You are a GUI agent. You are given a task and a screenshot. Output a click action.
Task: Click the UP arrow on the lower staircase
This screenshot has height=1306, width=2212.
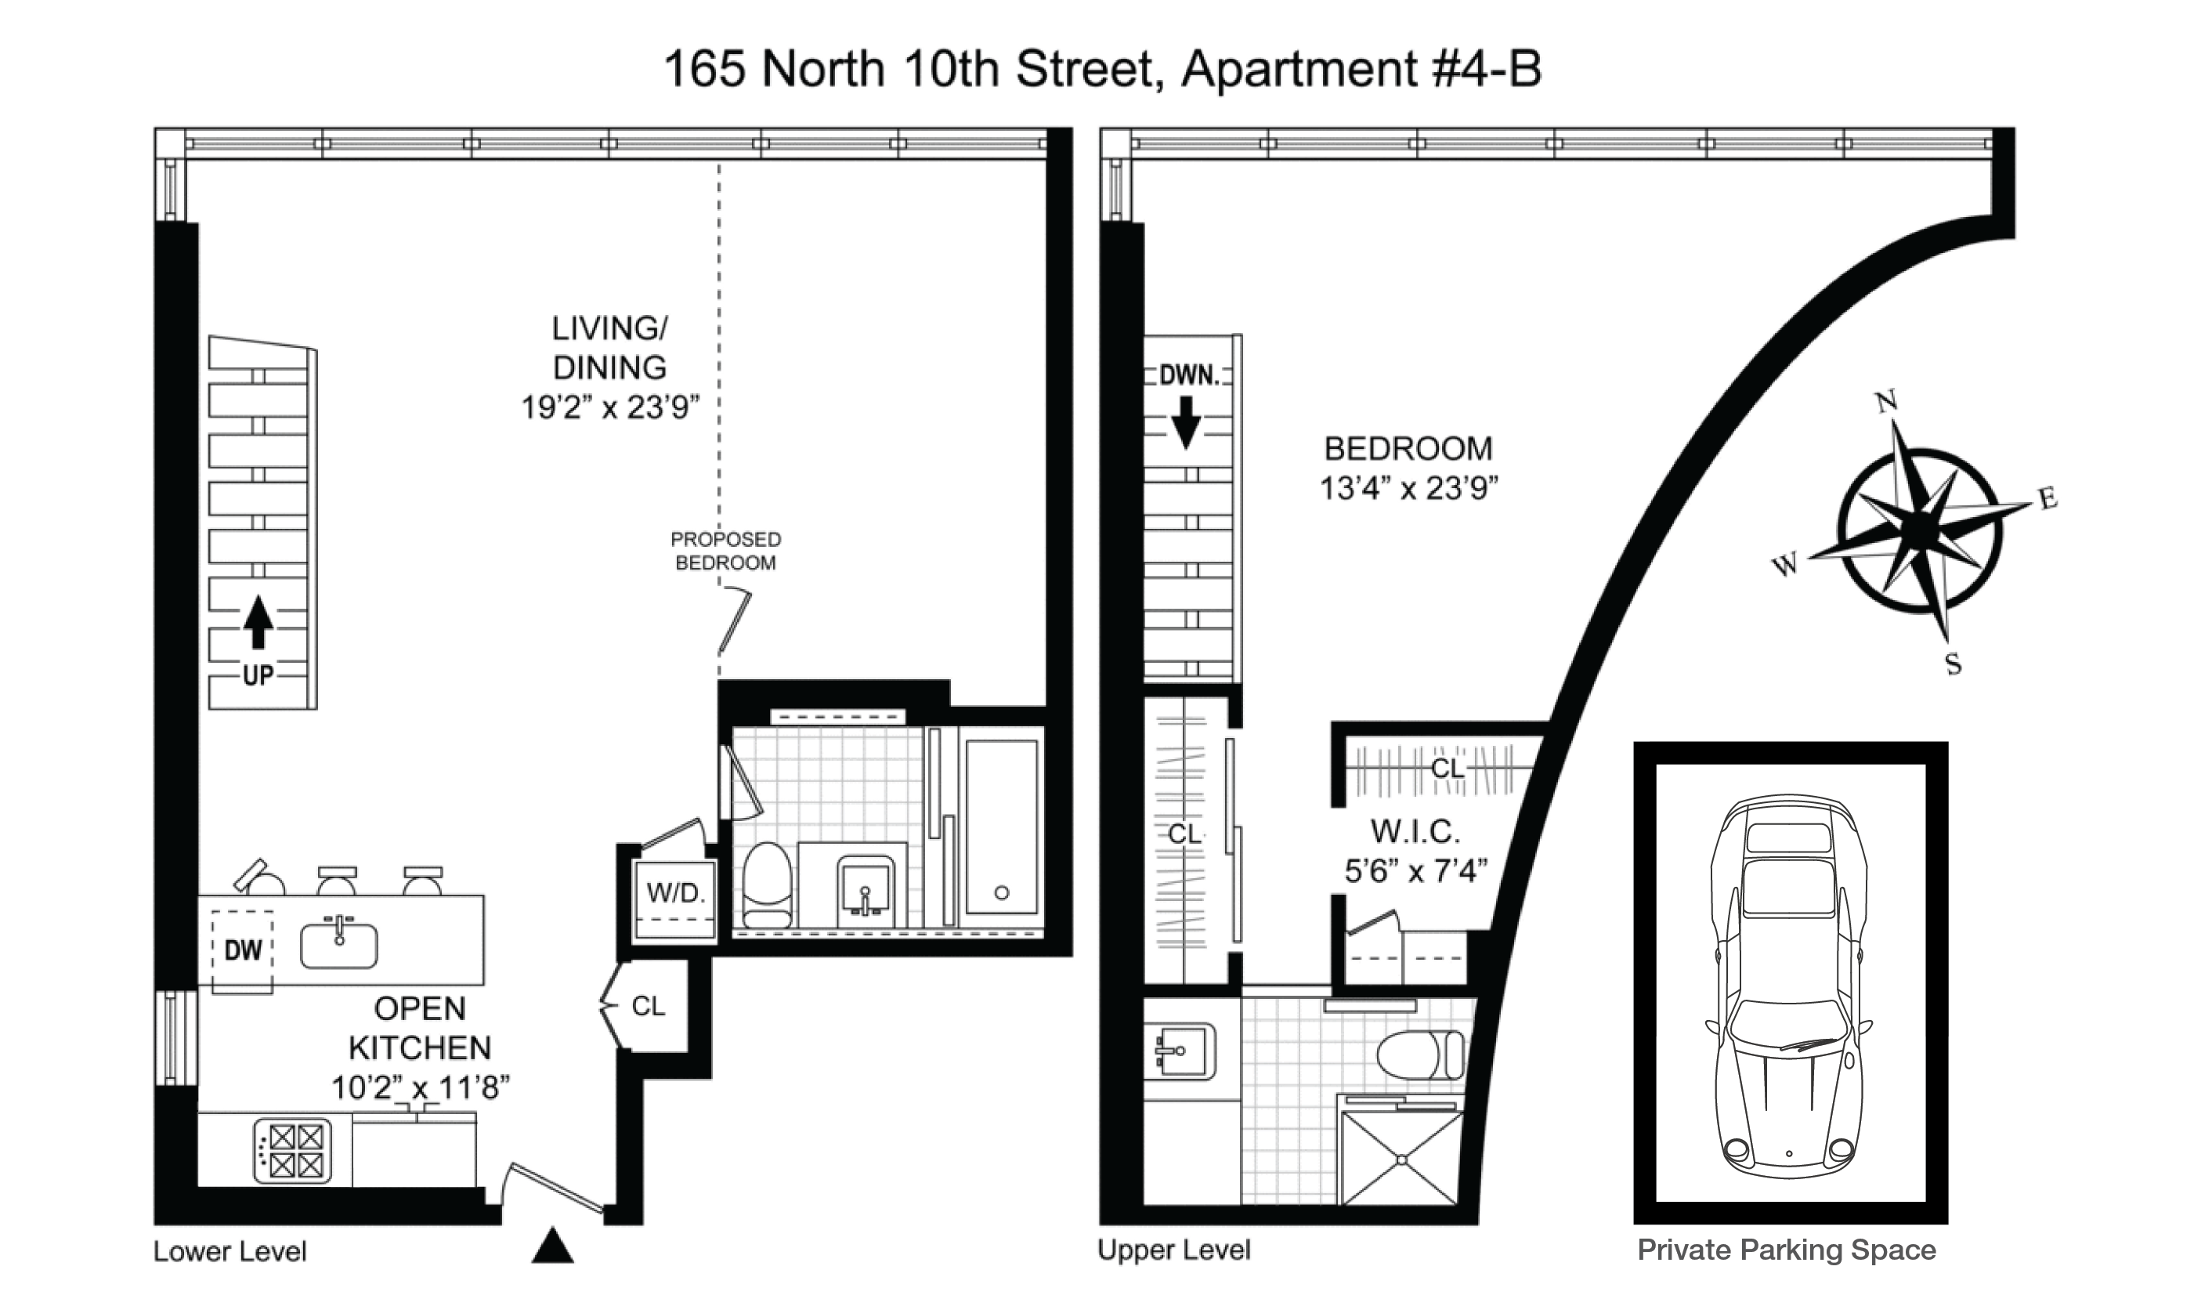(x=258, y=622)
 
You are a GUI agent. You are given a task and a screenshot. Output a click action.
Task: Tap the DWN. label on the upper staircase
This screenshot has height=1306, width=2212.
(x=1190, y=376)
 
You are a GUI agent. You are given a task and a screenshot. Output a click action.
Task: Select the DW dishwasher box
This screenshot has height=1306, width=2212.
(x=243, y=950)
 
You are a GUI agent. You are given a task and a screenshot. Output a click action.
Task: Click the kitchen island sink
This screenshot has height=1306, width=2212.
(x=338, y=944)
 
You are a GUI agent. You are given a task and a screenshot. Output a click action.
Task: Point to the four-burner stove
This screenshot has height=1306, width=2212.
(x=293, y=1150)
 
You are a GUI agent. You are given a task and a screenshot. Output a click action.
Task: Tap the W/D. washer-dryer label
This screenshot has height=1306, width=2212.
(x=676, y=893)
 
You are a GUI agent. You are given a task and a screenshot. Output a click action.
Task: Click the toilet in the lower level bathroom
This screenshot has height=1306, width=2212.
(x=768, y=885)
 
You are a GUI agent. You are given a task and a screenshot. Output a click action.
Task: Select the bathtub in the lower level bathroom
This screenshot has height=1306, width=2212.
(x=1001, y=827)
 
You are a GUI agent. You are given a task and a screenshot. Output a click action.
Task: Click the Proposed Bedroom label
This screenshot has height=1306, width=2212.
(x=726, y=551)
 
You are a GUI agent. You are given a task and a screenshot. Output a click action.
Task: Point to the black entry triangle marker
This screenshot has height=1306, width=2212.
(x=552, y=1246)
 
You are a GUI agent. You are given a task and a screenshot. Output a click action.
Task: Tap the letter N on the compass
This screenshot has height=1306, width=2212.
(x=1885, y=402)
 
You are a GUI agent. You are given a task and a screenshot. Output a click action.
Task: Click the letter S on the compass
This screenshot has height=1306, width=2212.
(x=1954, y=664)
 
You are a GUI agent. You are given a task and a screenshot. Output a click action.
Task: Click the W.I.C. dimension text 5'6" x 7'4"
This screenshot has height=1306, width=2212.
(x=1415, y=871)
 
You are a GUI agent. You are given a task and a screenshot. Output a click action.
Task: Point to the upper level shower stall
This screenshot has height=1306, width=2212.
(x=1401, y=1158)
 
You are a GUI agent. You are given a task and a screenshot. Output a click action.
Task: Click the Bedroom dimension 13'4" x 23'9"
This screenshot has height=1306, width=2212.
(x=1408, y=487)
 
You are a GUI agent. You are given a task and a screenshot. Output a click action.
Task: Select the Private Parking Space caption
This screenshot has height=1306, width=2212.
(x=1787, y=1250)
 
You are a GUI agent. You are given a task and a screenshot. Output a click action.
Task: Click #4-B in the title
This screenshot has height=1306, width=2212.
(x=1488, y=70)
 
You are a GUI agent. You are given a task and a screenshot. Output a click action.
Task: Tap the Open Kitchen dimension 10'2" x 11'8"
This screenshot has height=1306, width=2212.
(x=421, y=1087)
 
